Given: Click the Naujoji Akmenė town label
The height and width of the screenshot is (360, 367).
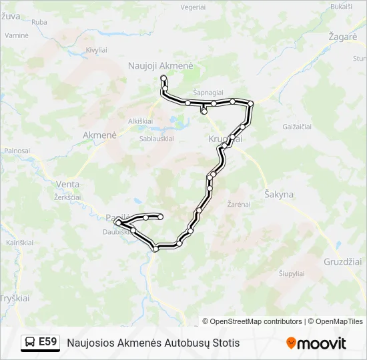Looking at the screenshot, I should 160,66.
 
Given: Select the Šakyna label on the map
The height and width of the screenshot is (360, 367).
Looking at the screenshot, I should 279,195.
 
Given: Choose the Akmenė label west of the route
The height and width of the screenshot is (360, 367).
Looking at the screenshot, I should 99,135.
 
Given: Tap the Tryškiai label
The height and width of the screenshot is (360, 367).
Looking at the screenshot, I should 15,298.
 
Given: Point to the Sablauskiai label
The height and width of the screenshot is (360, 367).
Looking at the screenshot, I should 157,139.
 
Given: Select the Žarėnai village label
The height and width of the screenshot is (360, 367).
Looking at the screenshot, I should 239,204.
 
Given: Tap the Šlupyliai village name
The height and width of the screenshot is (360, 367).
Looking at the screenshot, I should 292,273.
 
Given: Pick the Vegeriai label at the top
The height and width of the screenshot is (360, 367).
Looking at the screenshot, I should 193,7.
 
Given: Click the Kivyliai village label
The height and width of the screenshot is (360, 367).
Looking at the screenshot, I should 96,50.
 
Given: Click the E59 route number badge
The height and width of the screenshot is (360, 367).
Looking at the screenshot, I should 47,342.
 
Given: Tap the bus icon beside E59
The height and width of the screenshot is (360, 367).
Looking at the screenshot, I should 31,342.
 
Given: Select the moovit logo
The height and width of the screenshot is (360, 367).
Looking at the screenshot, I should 316,343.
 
